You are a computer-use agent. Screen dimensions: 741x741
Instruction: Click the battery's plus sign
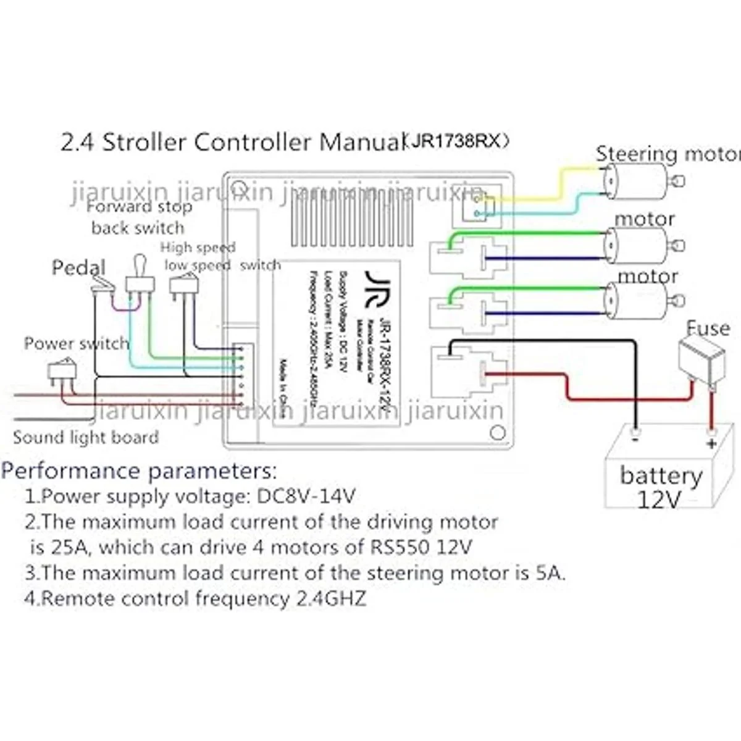pos(711,443)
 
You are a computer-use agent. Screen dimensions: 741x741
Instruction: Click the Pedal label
pos(78,267)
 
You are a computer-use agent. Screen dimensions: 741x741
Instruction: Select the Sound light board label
pos(86,438)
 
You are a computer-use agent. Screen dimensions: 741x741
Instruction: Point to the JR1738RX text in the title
pos(457,142)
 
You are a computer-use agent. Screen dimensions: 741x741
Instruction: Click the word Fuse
pos(708,328)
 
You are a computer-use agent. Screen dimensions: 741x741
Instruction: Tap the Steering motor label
pos(667,153)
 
